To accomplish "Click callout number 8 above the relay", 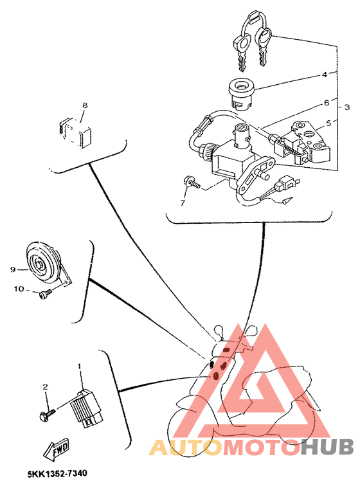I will coord(84,105).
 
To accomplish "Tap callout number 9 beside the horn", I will coord(12,269).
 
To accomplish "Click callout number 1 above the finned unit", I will coord(80,366).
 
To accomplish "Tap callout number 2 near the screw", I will coord(45,387).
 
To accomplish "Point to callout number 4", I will coord(325,75).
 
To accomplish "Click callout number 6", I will coord(326,102).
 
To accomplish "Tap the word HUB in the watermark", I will coord(327,447).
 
